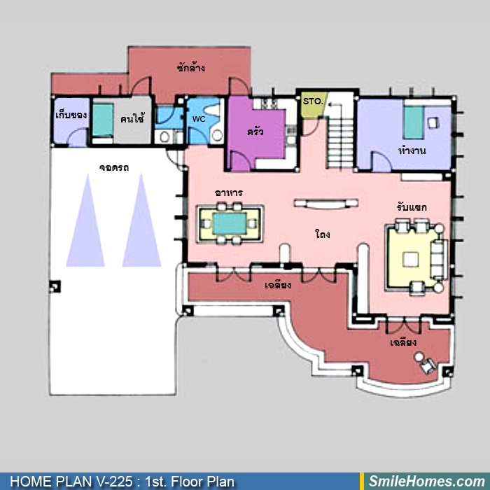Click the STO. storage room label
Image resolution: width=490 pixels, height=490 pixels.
click(x=313, y=101)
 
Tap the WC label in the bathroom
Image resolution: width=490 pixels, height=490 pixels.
click(x=199, y=119)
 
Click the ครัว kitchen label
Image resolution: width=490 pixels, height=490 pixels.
click(x=255, y=132)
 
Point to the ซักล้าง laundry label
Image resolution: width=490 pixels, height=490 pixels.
click(x=190, y=67)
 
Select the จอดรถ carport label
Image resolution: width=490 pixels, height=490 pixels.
click(x=113, y=168)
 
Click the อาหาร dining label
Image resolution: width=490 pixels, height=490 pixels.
click(x=229, y=192)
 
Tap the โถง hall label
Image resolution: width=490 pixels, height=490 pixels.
click(x=323, y=234)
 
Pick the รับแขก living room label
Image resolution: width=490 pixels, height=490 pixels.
click(x=412, y=207)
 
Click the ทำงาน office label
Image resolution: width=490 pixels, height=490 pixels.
click(x=412, y=151)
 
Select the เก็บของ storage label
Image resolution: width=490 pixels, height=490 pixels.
click(x=71, y=115)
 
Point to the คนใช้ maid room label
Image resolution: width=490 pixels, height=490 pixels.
click(x=132, y=119)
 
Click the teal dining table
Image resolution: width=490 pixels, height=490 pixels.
click(x=230, y=223)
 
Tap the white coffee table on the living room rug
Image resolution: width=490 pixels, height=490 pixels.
click(x=410, y=260)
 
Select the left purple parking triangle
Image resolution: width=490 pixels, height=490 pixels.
click(x=85, y=220)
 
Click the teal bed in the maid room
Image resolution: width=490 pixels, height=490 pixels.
click(x=103, y=120)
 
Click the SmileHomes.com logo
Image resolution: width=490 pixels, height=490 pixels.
click(x=427, y=482)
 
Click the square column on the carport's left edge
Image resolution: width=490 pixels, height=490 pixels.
click(x=55, y=286)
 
